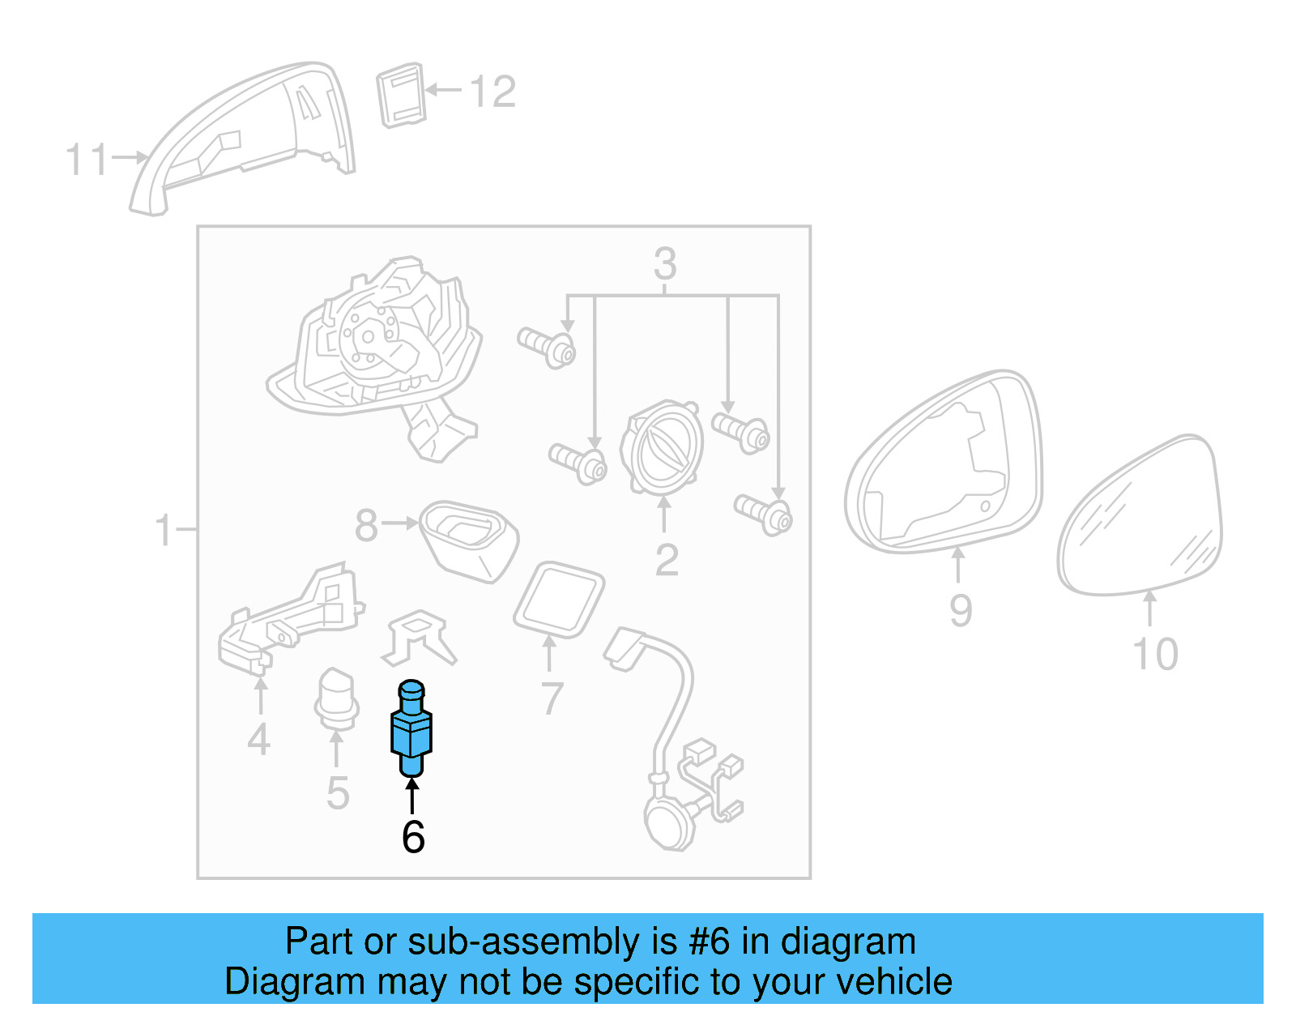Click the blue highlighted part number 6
click(411, 728)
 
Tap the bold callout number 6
click(413, 837)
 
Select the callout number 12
click(492, 92)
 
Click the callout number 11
click(87, 160)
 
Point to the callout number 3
click(665, 263)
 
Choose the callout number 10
click(1155, 654)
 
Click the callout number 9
click(961, 611)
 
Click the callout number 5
click(338, 793)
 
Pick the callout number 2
click(667, 560)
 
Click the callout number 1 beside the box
click(164, 530)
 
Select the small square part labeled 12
click(401, 96)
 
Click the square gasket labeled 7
click(559, 600)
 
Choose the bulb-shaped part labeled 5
click(337, 699)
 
